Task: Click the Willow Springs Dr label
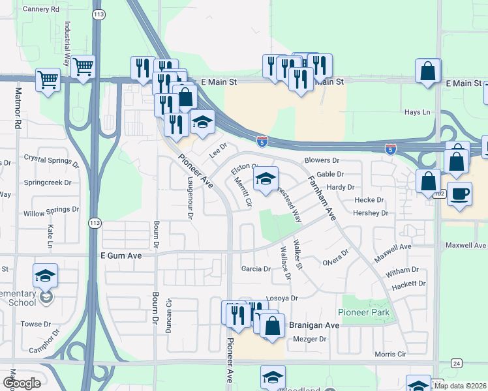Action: pos(52,212)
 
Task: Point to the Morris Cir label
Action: pos(391,354)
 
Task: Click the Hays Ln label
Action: pos(418,112)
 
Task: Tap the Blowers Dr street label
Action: pos(322,160)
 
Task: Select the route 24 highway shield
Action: pos(456,362)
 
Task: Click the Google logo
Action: pos(22,383)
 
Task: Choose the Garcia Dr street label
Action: pos(256,268)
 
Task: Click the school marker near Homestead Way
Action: pos(266,179)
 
